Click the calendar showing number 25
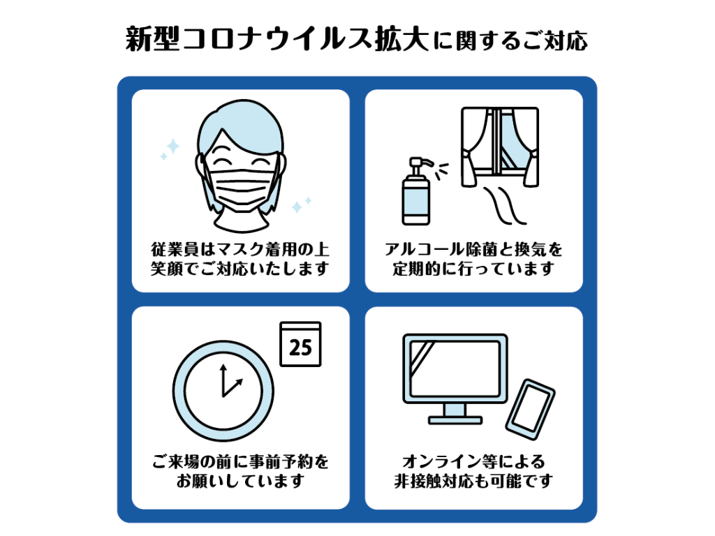[x=300, y=344]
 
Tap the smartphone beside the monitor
[x=531, y=409]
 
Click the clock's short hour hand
[x=233, y=388]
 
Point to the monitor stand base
[x=455, y=420]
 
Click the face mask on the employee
[x=241, y=187]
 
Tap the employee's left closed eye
[x=221, y=151]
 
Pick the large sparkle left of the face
[x=173, y=147]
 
